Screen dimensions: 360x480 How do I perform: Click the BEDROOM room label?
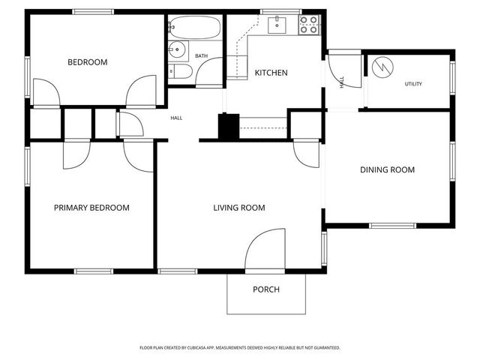click(x=88, y=62)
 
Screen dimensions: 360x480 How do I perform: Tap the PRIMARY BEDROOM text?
click(x=91, y=208)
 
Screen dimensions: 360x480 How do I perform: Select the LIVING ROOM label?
click(x=238, y=208)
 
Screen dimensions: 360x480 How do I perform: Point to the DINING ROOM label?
click(x=387, y=170)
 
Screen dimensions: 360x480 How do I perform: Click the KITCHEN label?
click(x=271, y=73)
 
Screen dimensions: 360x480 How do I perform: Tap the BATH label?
click(x=202, y=56)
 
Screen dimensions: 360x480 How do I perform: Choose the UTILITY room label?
click(x=413, y=84)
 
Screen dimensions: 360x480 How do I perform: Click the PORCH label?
click(x=266, y=289)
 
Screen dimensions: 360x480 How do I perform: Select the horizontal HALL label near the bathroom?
click(x=176, y=118)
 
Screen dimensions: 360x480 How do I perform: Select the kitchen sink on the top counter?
click(x=277, y=25)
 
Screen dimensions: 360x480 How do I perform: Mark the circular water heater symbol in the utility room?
click(x=382, y=67)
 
